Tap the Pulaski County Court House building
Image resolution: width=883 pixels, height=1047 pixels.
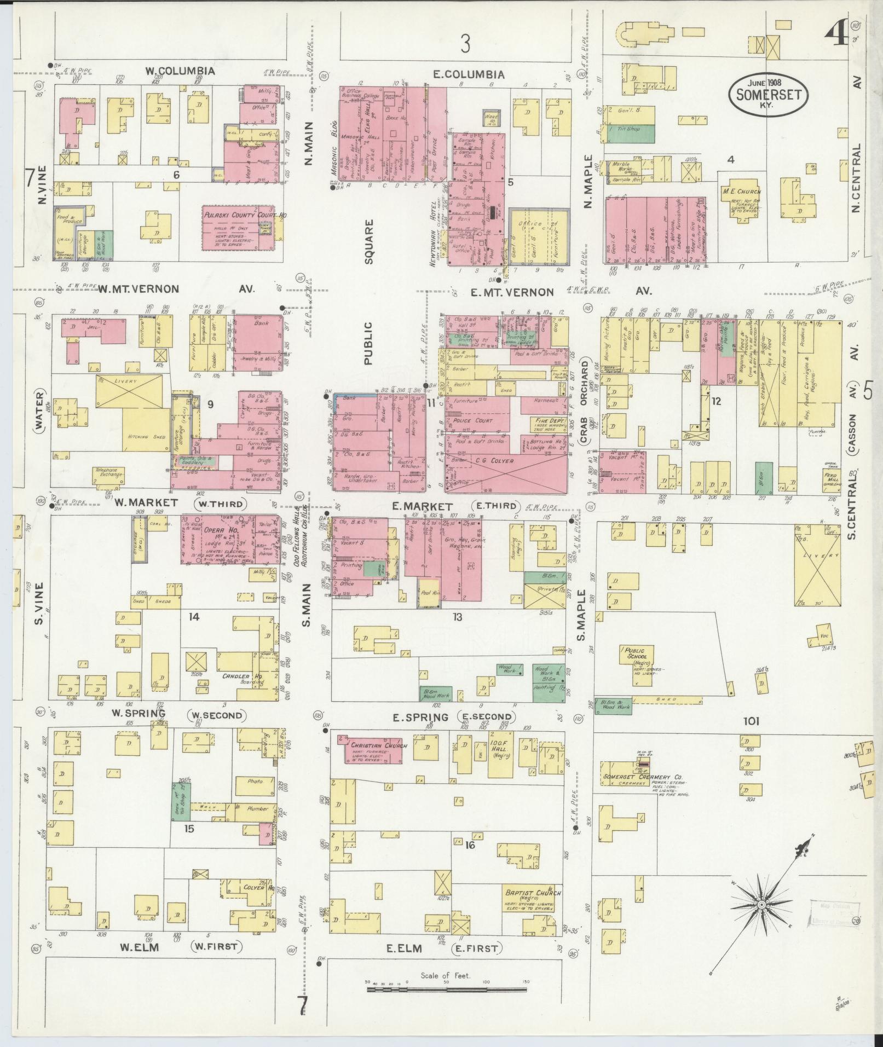pos(239,228)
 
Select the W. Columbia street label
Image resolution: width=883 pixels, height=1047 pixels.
pos(180,71)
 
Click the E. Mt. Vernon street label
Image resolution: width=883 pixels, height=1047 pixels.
pos(512,292)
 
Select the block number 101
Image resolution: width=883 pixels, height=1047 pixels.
pos(751,721)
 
